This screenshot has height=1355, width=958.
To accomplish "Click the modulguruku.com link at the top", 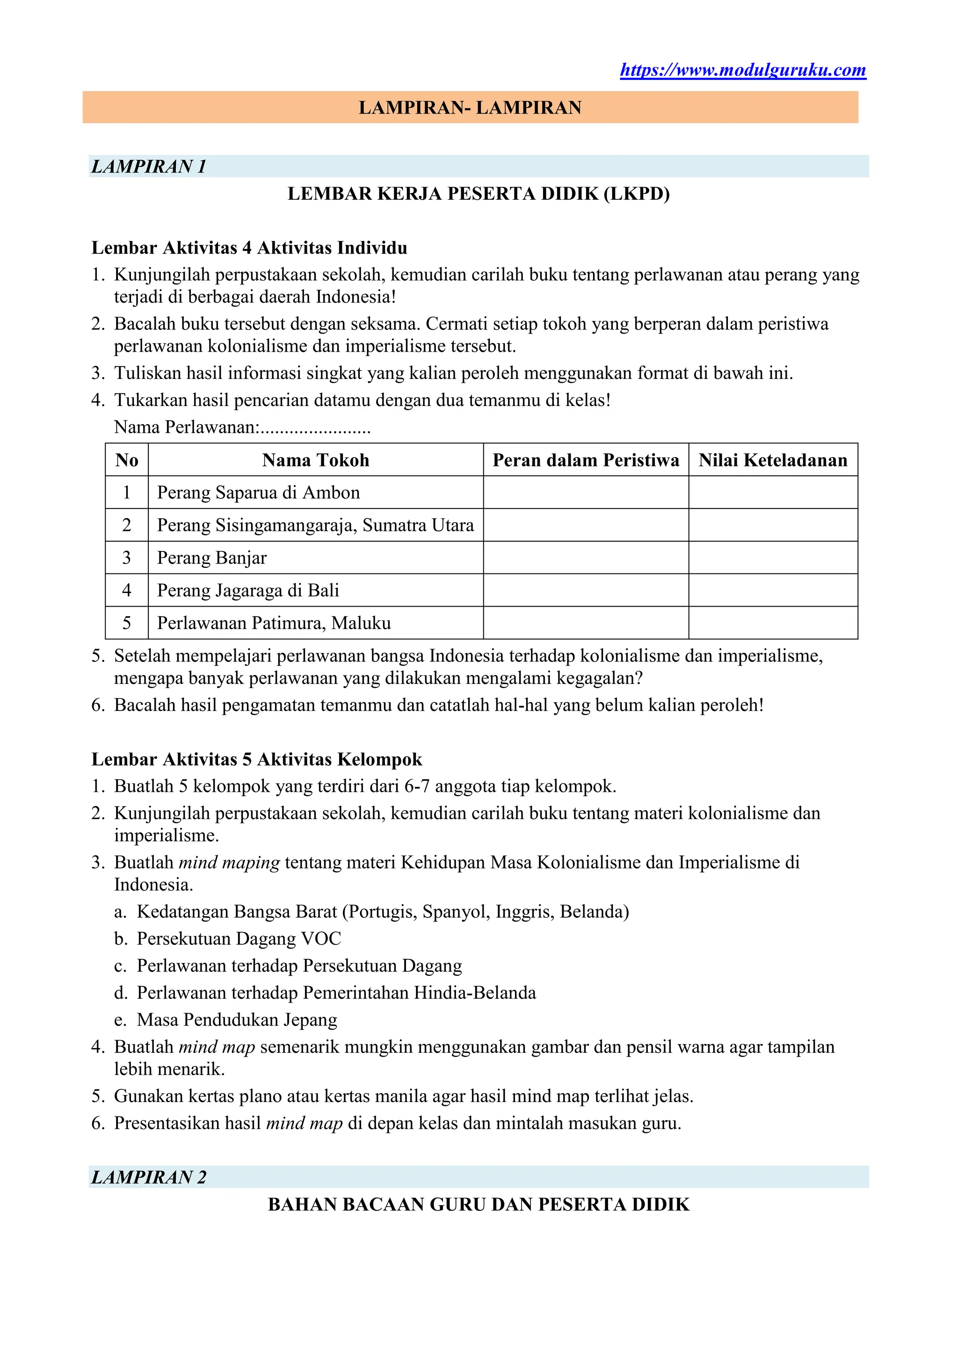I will point(742,70).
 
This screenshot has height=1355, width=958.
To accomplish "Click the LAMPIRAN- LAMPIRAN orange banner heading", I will point(470,108).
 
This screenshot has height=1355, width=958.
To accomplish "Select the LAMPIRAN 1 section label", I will point(149,167).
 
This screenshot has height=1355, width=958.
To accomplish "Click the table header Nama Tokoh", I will point(315,460).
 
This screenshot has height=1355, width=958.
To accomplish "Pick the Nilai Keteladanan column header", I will point(772,460).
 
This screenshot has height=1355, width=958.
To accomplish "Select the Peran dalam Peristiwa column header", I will point(586,460).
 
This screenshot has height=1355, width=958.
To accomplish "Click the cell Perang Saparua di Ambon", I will point(258,492).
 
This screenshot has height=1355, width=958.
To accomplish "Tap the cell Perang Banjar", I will point(211,558).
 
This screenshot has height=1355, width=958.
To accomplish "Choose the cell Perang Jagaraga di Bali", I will point(248,590).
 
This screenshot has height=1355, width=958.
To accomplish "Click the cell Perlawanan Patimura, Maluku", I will point(274,623).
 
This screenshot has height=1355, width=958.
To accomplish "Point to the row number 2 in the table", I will point(126,525).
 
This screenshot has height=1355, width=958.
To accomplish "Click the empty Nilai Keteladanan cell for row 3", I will point(772,558).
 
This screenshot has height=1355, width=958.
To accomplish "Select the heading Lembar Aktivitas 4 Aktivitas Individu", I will point(249,248).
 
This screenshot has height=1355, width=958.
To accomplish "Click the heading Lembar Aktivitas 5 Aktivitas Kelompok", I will point(257,760).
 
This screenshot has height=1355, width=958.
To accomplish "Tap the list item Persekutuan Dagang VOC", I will point(239,939).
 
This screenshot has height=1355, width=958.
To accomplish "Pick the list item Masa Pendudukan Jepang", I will point(237,1020).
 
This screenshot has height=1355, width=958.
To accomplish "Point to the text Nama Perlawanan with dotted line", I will point(242,427).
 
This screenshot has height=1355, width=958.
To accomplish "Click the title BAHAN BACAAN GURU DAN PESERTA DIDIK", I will point(479,1204).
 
